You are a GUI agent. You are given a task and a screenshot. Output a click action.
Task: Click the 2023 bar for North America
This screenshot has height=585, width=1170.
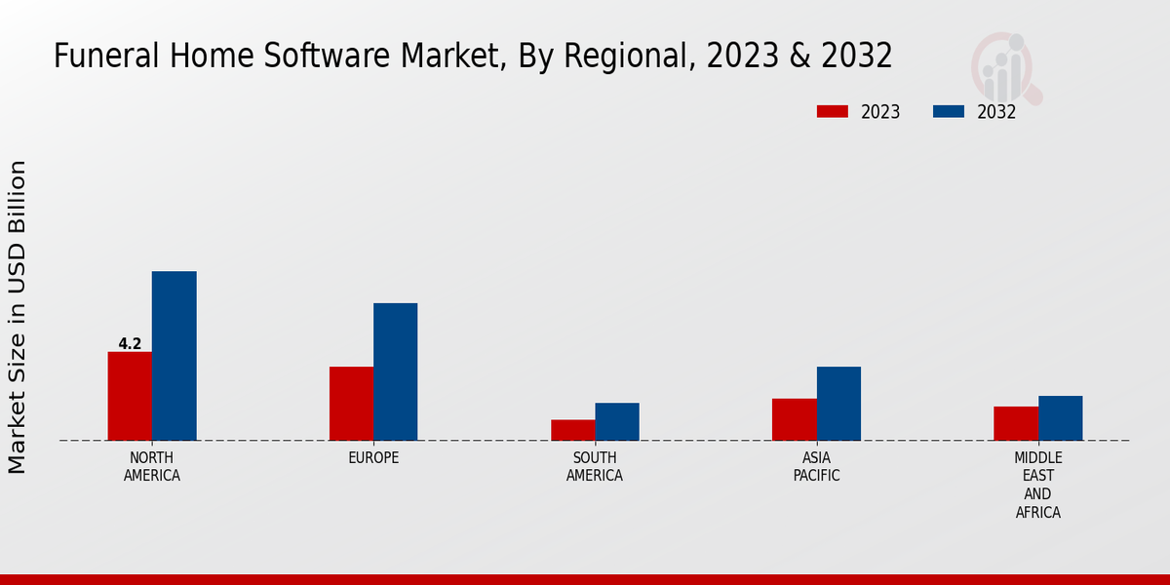[130, 396]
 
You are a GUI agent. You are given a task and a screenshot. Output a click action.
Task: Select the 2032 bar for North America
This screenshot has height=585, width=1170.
[174, 356]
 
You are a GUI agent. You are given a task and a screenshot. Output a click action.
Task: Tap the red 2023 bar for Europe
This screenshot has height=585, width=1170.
[351, 404]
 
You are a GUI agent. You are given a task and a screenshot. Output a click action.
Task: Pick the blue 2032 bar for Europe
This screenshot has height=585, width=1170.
[395, 371]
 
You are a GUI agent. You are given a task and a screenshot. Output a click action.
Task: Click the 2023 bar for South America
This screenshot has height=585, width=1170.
[572, 430]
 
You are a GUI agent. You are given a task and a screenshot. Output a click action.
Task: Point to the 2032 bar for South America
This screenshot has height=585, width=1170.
[617, 421]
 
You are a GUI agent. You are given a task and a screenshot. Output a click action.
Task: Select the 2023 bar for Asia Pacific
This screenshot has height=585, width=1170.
[794, 419]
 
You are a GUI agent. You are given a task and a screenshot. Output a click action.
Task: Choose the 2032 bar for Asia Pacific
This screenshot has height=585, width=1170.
[838, 404]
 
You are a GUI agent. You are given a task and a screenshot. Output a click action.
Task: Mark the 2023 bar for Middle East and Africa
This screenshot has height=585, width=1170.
[1016, 423]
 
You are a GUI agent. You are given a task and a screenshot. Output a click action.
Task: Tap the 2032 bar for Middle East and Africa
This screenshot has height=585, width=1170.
[1060, 418]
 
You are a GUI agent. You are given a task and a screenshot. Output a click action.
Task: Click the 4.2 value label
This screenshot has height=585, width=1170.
[130, 344]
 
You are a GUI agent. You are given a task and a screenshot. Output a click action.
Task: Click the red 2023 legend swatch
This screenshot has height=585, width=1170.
[832, 111]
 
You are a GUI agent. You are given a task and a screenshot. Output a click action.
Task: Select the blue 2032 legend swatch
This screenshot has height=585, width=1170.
[948, 111]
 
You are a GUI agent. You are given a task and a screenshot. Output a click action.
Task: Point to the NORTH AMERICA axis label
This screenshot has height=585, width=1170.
[152, 467]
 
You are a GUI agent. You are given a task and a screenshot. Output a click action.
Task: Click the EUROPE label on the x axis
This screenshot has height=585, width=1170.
[373, 458]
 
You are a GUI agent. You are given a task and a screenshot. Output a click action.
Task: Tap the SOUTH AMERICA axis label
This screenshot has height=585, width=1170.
[595, 467]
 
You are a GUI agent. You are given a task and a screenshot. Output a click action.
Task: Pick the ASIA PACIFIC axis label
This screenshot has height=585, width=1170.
[816, 467]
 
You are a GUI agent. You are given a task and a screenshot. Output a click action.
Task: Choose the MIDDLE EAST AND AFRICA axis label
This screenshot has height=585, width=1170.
[1037, 485]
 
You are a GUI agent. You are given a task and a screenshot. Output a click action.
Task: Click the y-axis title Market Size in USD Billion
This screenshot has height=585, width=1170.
[18, 317]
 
